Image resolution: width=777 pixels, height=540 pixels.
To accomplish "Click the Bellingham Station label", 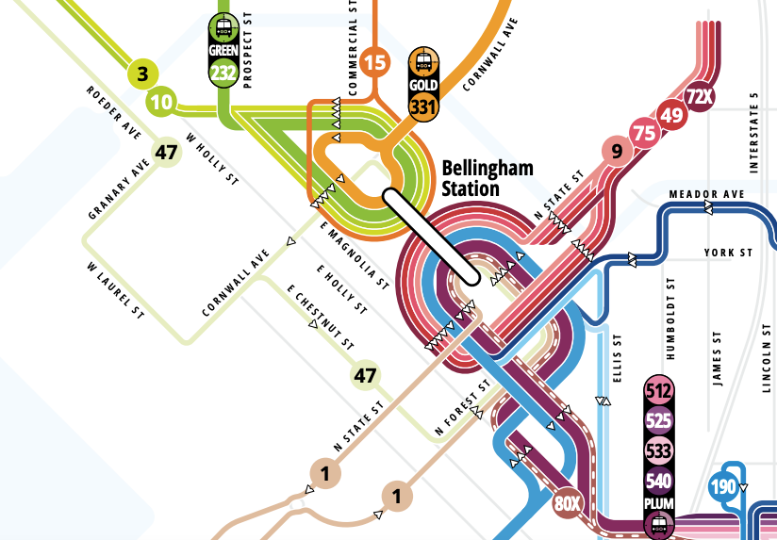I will [x=488, y=178].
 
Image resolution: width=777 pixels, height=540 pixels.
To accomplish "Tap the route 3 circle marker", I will [x=143, y=74].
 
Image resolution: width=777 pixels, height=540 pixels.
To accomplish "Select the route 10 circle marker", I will [x=162, y=102].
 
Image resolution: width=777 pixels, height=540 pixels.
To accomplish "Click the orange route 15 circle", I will [x=375, y=63].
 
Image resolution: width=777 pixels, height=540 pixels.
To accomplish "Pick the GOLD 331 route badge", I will [x=424, y=84].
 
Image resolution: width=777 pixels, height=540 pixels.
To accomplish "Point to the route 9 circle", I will [x=617, y=150].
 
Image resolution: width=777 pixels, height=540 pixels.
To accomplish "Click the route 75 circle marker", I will [x=645, y=133].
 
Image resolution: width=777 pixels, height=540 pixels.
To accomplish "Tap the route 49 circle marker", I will [x=672, y=115].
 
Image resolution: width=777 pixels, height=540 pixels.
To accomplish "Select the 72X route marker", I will [x=699, y=96].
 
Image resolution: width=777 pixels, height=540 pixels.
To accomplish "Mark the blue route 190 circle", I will [x=723, y=487].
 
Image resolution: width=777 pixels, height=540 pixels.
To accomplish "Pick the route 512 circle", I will [x=658, y=390].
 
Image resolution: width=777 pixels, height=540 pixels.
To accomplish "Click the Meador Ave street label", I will [x=706, y=194].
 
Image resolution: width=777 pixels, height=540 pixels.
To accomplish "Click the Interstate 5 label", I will [x=752, y=133].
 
